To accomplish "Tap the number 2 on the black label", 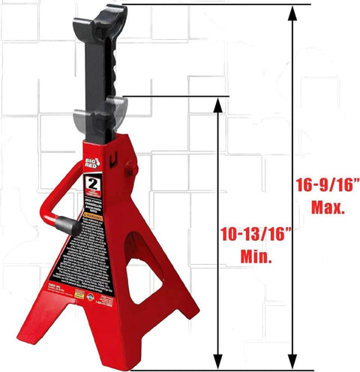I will pos(94,184).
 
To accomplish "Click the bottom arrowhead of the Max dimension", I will pos(289,358).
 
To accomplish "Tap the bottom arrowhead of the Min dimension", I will pos(219,358).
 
